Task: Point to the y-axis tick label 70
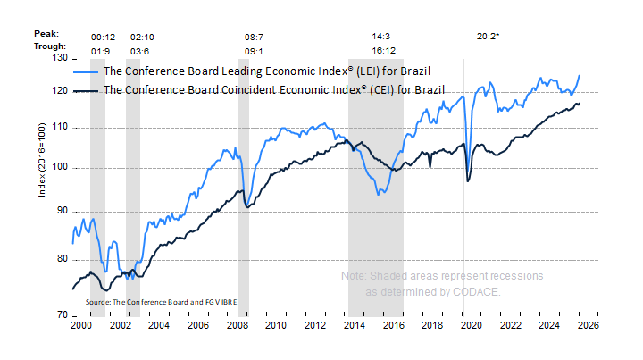click(61, 315)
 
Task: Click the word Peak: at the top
click(47, 33)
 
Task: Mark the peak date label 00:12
click(103, 37)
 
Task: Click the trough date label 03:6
click(143, 51)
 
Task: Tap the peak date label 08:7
click(255, 37)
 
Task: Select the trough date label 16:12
click(384, 51)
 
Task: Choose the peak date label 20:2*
click(489, 37)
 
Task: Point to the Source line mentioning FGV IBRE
click(167, 302)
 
